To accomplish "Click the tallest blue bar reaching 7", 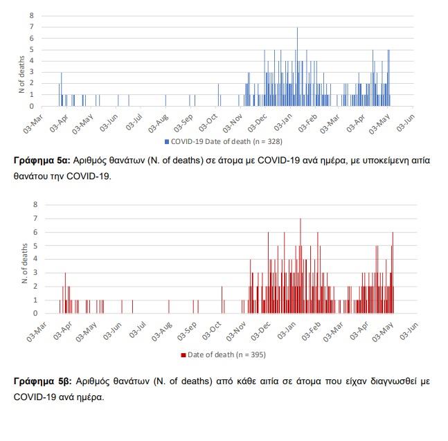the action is click(x=297, y=67).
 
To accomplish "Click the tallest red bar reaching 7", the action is click(x=301, y=267).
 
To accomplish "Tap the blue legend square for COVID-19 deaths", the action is click(x=167, y=142).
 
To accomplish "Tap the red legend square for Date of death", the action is click(x=183, y=355).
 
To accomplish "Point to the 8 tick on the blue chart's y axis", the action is click(x=31, y=15).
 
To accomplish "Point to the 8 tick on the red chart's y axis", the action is click(x=35, y=204).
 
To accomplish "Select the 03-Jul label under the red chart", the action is click(x=137, y=330).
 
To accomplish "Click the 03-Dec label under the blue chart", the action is click(x=257, y=123).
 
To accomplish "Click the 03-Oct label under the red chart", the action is click(x=212, y=331).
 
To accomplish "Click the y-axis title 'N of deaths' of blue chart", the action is click(x=21, y=75).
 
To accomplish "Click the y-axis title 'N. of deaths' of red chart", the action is click(x=24, y=263).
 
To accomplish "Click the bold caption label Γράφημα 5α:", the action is click(x=42, y=161).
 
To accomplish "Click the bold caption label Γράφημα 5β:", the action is click(x=42, y=381).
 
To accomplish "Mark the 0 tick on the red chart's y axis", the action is click(x=35, y=314).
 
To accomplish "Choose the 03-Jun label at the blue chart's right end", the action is click(x=406, y=123).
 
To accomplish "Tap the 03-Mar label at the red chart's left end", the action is click(x=36, y=332).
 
